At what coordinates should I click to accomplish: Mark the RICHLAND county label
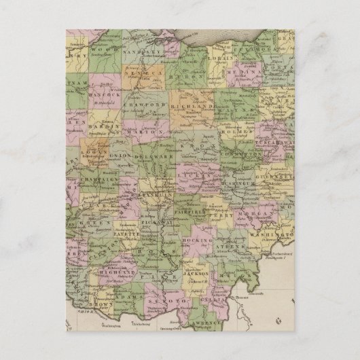pyautogui.click(x=195, y=107)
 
